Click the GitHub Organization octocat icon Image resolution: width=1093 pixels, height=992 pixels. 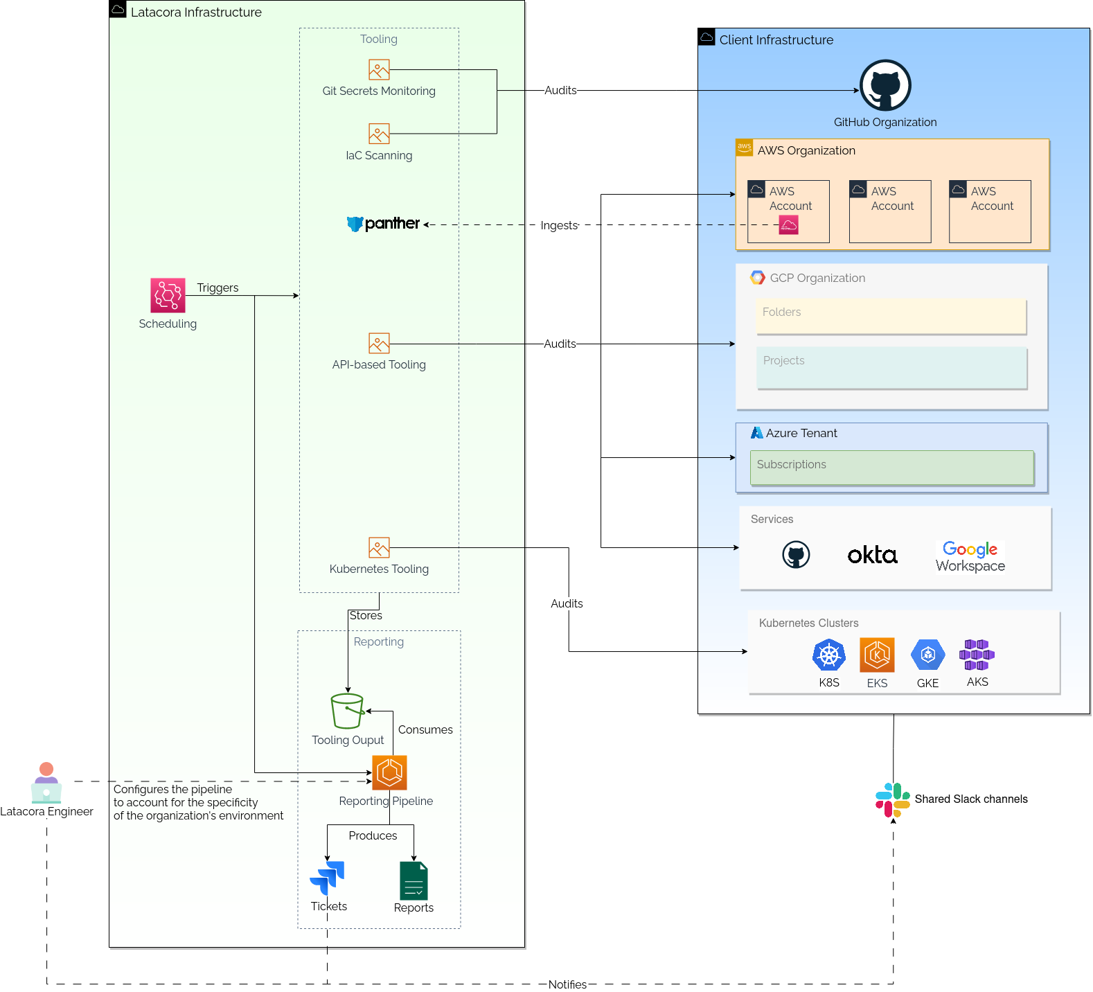point(885,85)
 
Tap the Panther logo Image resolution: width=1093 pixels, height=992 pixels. point(384,224)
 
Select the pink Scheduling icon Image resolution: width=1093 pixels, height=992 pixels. point(168,295)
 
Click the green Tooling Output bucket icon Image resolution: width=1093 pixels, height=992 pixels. point(347,711)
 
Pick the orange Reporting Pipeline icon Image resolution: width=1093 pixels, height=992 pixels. point(389,772)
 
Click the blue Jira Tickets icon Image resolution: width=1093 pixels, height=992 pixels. point(327,878)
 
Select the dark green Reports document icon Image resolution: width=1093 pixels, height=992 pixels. point(414,880)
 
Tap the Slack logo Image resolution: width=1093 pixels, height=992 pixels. point(892,800)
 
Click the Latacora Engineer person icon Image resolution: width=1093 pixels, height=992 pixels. point(46,783)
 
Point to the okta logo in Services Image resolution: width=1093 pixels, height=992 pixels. point(872,555)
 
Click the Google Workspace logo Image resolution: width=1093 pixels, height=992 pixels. point(970,557)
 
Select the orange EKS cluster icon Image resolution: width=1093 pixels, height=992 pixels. point(877,655)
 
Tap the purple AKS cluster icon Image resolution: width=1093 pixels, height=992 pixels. point(977,655)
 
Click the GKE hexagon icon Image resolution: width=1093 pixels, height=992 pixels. point(927,655)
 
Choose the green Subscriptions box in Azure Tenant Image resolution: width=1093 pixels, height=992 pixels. point(891,468)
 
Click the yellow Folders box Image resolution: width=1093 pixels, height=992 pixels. point(891,317)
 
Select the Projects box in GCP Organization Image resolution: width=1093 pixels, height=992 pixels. point(891,368)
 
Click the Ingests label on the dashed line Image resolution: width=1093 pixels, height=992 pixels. point(559,225)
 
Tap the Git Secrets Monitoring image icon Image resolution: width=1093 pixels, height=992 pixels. point(379,70)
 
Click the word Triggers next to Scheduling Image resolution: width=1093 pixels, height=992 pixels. point(217,287)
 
